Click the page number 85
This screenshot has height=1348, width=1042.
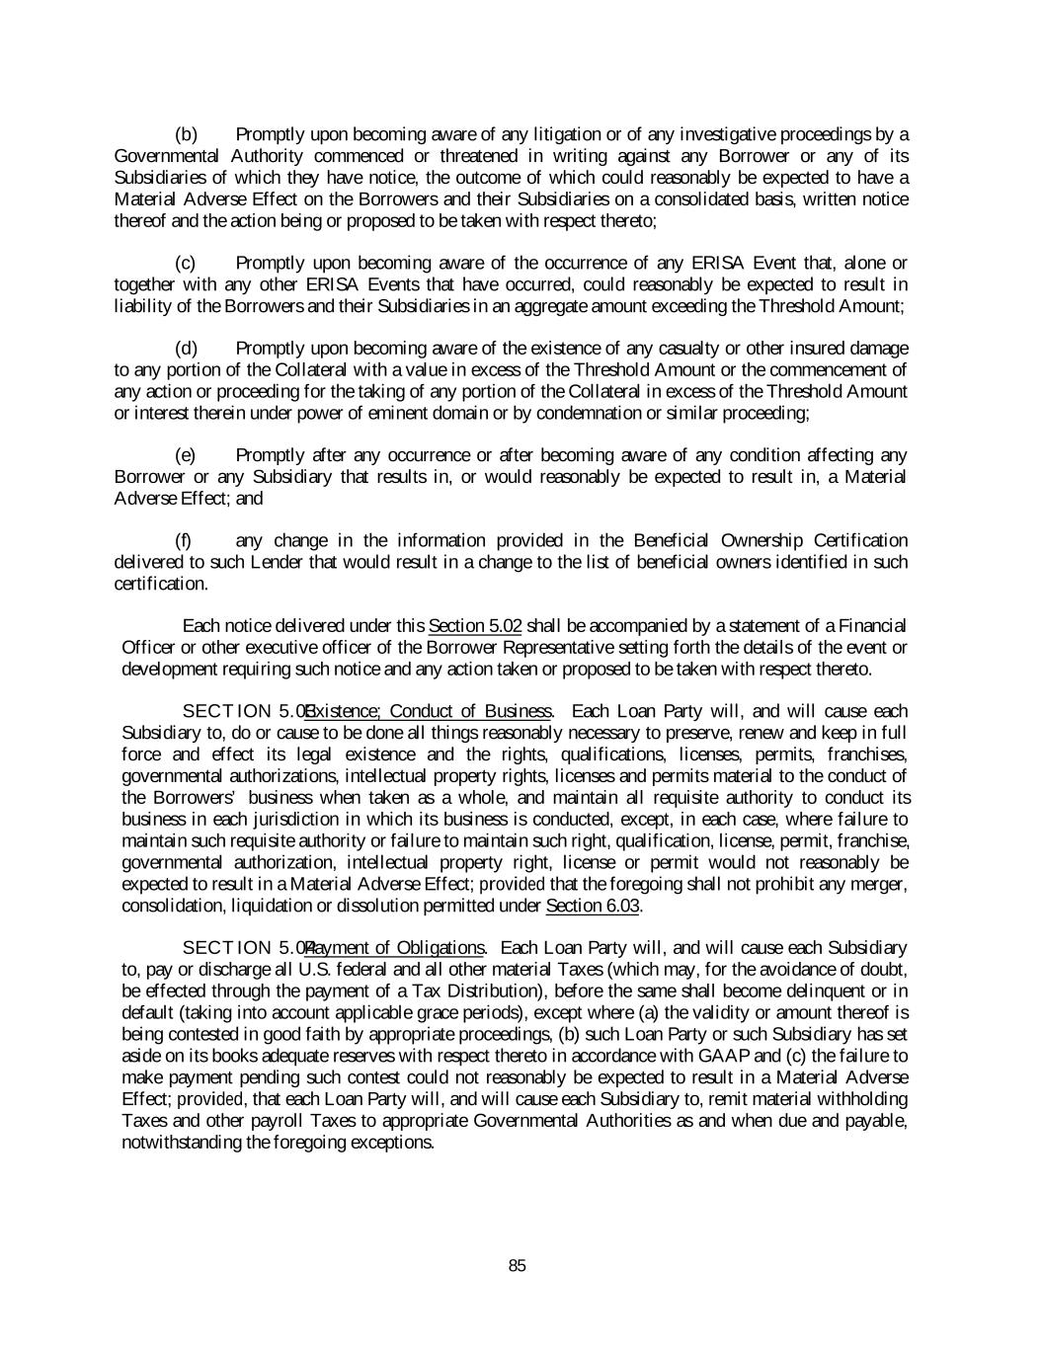click(x=518, y=1266)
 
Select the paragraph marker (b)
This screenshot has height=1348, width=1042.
click(x=187, y=134)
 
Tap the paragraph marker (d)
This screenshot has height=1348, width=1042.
click(x=187, y=349)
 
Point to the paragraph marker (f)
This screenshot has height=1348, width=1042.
click(x=184, y=540)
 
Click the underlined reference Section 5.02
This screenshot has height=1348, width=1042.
click(x=475, y=626)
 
